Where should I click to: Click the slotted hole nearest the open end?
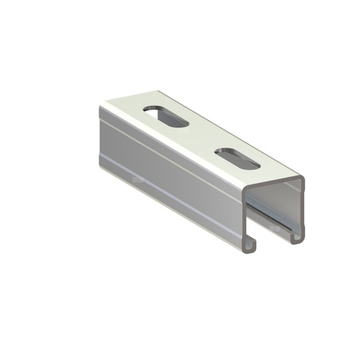coord(237,158)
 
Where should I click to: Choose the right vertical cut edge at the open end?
coord(304,208)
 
